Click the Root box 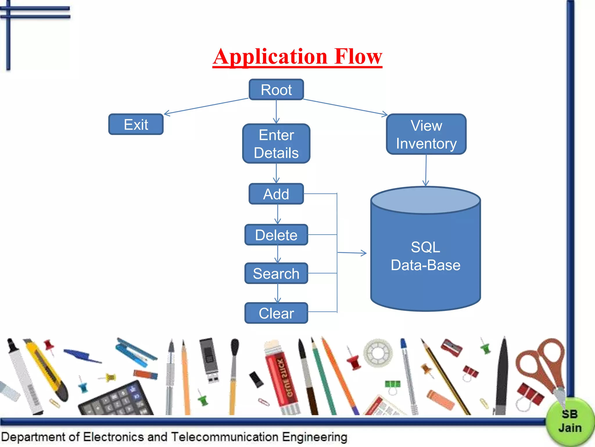tap(276, 90)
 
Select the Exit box tap(136, 125)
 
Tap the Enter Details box tap(276, 144)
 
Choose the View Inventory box tap(426, 134)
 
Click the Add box tap(276, 194)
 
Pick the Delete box tap(276, 235)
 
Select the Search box tap(276, 274)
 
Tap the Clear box tap(276, 313)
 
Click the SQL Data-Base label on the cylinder tap(426, 256)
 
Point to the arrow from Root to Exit tap(206, 106)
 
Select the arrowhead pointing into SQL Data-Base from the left tap(363, 253)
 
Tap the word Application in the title tap(270, 56)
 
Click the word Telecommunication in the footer tap(225, 437)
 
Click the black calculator tap(116, 400)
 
